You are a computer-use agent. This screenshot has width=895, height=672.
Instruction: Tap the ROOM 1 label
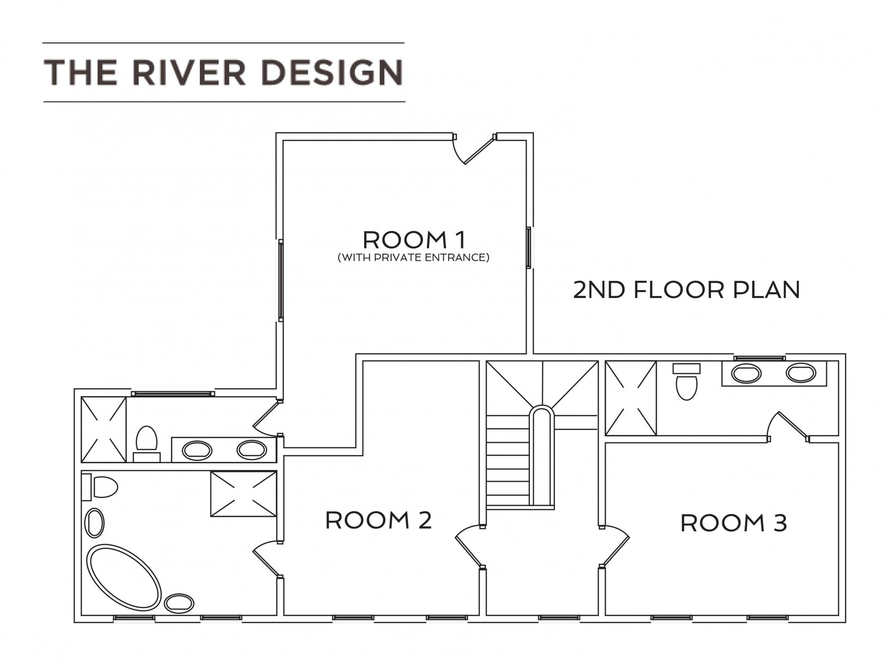tap(414, 240)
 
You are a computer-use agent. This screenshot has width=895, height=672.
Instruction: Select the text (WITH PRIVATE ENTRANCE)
tap(413, 258)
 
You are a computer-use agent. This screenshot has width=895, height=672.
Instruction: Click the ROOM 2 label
tap(379, 520)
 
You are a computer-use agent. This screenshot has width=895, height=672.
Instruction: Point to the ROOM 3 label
tap(733, 523)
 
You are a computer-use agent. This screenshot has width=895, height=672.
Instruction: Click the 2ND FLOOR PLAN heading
tap(686, 290)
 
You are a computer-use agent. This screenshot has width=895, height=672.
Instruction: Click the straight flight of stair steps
tap(507, 461)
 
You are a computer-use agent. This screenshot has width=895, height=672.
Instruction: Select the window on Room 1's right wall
tap(528, 248)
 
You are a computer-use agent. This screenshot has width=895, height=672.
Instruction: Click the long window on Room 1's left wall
tap(281, 280)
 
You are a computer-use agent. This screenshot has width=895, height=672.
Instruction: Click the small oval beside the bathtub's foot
tap(179, 603)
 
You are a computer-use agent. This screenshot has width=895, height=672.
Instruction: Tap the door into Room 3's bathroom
tap(789, 425)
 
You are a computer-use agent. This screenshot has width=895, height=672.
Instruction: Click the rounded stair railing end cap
tap(542, 413)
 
